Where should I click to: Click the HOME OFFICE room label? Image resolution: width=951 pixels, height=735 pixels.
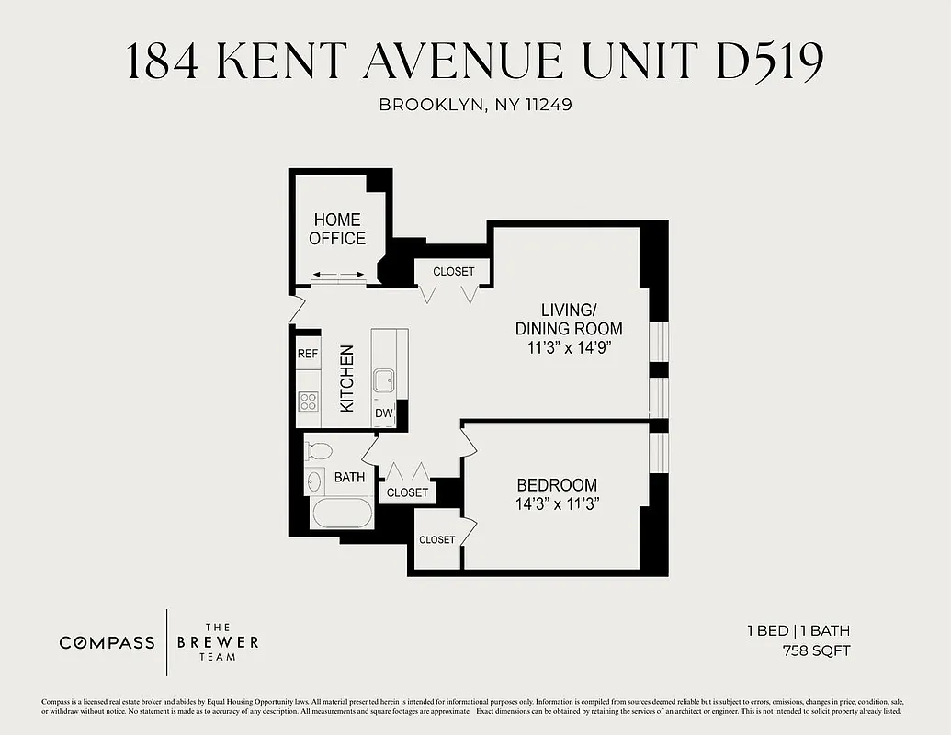pyautogui.click(x=336, y=229)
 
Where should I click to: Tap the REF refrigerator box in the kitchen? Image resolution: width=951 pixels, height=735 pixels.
pyautogui.click(x=307, y=354)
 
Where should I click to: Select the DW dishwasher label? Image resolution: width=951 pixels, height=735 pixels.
pyautogui.click(x=383, y=413)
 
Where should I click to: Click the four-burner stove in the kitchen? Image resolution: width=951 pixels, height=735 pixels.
pyautogui.click(x=308, y=401)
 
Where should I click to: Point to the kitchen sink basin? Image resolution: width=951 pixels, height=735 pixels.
pyautogui.click(x=383, y=379)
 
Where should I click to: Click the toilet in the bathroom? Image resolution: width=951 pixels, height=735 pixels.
pyautogui.click(x=319, y=451)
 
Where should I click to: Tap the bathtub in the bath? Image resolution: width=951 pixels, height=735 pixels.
pyautogui.click(x=342, y=513)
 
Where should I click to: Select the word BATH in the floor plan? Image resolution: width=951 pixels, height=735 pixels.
pyautogui.click(x=349, y=477)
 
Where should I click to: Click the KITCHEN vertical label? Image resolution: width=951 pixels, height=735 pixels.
pyautogui.click(x=347, y=378)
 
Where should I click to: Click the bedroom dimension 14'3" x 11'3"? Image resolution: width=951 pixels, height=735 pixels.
pyautogui.click(x=557, y=503)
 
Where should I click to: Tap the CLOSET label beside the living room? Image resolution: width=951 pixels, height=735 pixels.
pyautogui.click(x=454, y=272)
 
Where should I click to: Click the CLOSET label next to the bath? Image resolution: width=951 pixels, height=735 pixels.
pyautogui.click(x=407, y=492)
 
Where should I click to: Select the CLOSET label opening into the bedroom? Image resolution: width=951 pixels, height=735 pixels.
pyautogui.click(x=436, y=539)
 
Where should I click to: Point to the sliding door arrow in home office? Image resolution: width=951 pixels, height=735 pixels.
pyautogui.click(x=336, y=275)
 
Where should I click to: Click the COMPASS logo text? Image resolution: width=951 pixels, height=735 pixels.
pyautogui.click(x=108, y=642)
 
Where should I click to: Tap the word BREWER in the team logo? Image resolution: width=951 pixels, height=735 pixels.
pyautogui.click(x=218, y=641)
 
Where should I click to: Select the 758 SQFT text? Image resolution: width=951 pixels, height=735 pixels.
pyautogui.click(x=816, y=651)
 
